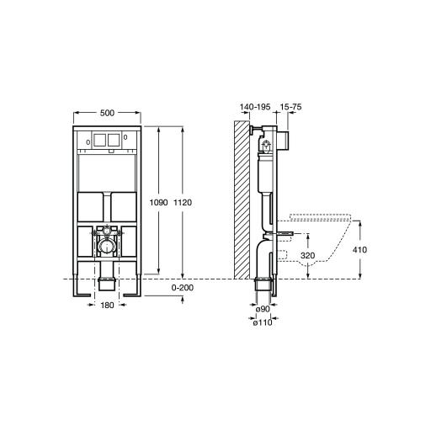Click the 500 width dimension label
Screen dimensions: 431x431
[x=107, y=113]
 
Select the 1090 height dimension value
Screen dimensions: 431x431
[x=158, y=202]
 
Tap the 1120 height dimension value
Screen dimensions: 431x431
[x=183, y=202]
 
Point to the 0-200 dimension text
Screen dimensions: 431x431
[x=183, y=288]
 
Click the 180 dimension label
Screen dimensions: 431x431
[x=107, y=305]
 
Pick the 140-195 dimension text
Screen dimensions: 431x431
[x=255, y=107]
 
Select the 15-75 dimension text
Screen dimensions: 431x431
[x=290, y=107]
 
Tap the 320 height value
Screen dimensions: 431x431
[x=308, y=256]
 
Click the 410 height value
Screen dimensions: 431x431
[x=359, y=249]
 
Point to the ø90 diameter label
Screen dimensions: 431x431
[x=263, y=309]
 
